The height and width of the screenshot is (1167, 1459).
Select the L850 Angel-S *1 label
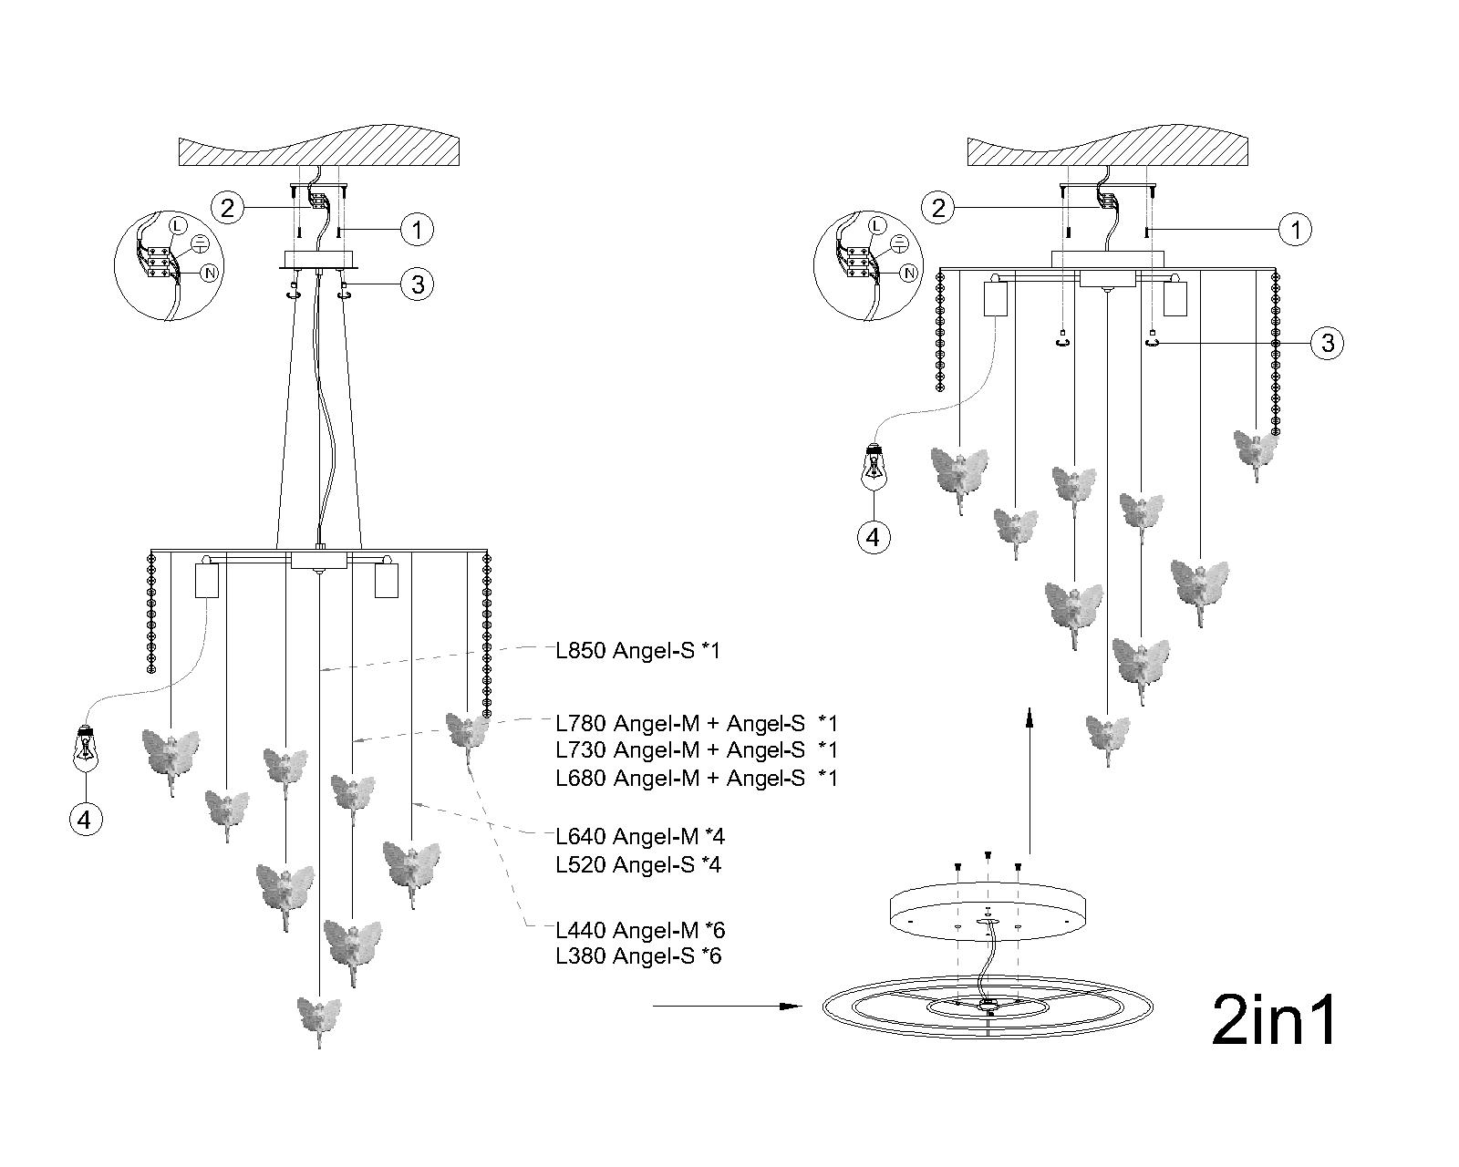point(638,651)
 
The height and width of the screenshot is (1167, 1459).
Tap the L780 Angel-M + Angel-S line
point(697,724)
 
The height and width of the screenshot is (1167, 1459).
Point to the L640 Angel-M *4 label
point(640,836)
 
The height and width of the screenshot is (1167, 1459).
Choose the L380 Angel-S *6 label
point(638,956)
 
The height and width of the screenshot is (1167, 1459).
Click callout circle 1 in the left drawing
point(418,229)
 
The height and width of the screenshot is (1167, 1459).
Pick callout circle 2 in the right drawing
point(938,208)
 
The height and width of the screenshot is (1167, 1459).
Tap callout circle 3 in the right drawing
point(1328,343)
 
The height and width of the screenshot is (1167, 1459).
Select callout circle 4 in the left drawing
point(85,820)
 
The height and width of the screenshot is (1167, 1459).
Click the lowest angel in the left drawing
point(319,1017)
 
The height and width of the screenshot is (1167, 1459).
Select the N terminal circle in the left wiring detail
point(209,273)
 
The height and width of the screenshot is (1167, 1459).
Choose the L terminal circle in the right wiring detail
point(876,225)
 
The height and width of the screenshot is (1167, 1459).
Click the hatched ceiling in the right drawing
point(1107,150)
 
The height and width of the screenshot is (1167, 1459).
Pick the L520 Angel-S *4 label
point(638,864)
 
